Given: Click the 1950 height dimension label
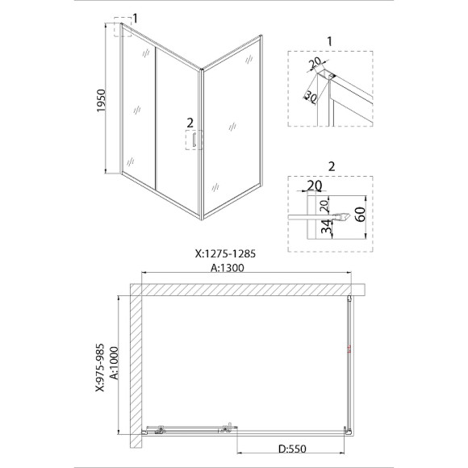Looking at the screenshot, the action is pyautogui.click(x=101, y=101).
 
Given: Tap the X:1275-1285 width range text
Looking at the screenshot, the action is pyautogui.click(x=225, y=253).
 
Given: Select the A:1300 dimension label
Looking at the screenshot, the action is pyautogui.click(x=228, y=268).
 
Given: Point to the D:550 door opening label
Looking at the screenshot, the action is pyautogui.click(x=292, y=449).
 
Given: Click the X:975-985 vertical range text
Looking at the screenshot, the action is pyautogui.click(x=100, y=367).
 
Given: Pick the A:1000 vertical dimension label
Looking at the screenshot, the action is pyautogui.click(x=114, y=362).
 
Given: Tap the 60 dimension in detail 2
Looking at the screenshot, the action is pyautogui.click(x=361, y=214).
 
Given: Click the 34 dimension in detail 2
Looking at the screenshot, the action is pyautogui.click(x=328, y=227).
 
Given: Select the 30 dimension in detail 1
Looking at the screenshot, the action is pyautogui.click(x=311, y=98).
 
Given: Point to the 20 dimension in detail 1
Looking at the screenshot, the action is pyautogui.click(x=315, y=63).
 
